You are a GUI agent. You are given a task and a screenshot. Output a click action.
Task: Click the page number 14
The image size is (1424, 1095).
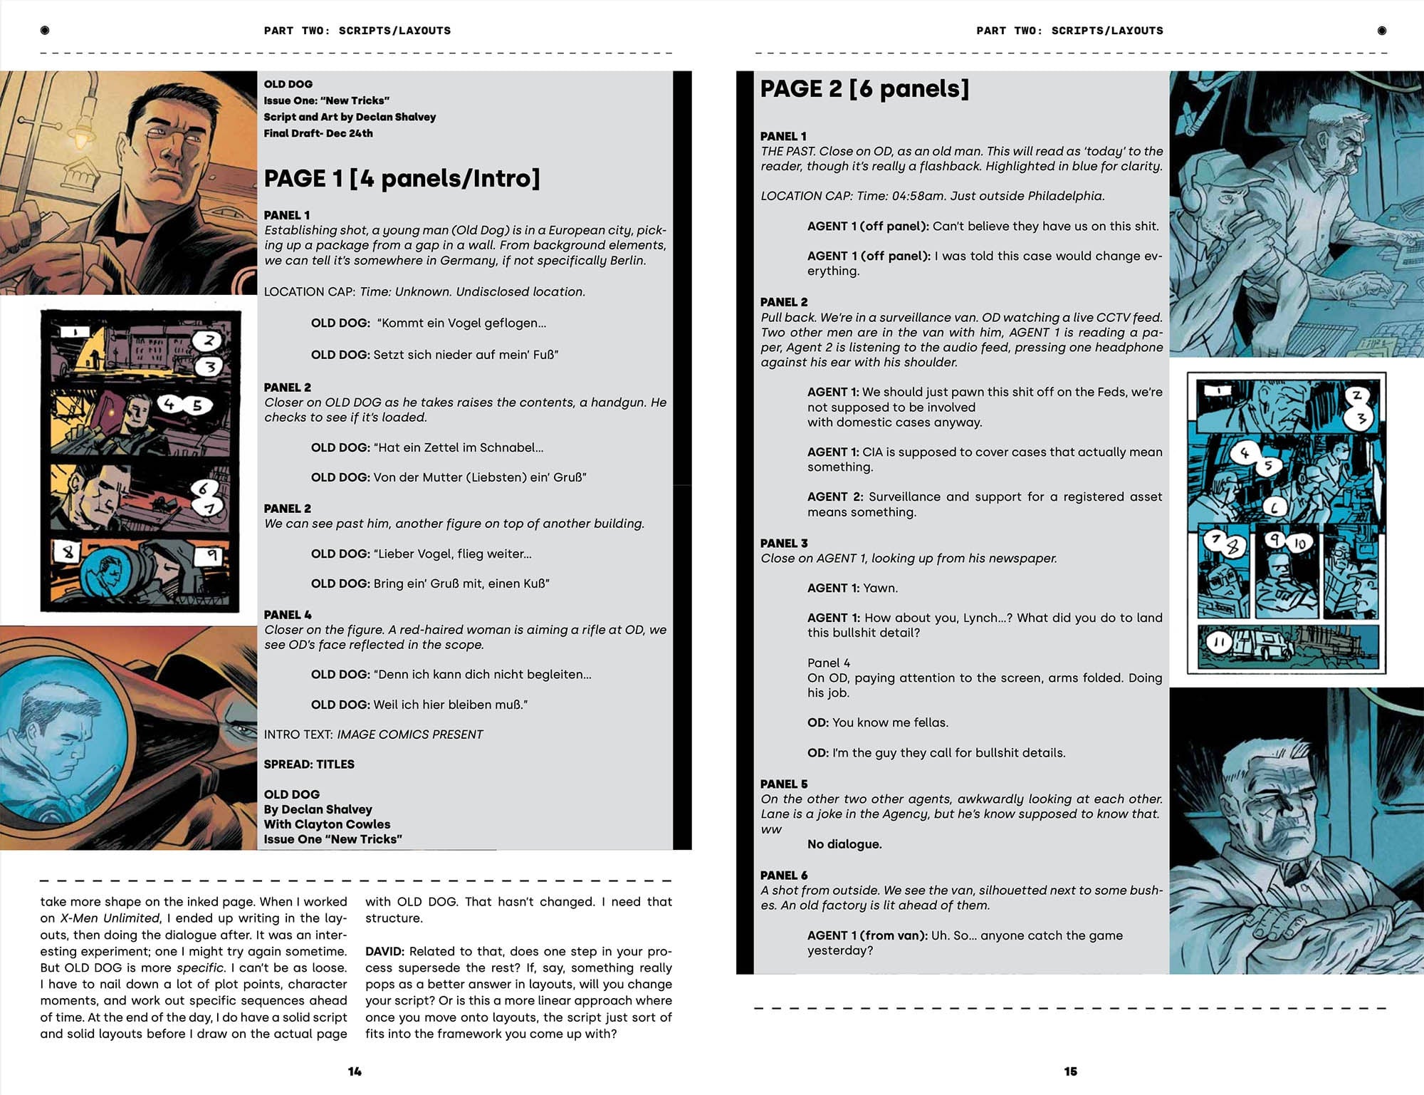tap(355, 1071)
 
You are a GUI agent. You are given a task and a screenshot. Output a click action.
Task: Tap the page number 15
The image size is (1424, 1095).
tap(1070, 1071)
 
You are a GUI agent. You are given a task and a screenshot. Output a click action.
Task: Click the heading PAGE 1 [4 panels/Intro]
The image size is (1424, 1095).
tap(402, 178)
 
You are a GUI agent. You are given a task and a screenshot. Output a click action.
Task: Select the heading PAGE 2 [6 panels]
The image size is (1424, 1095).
tap(864, 89)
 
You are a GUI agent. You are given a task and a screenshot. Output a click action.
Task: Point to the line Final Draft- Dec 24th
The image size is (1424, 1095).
tap(318, 133)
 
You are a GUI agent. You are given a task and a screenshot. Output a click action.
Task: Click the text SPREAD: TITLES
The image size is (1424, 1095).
tap(308, 764)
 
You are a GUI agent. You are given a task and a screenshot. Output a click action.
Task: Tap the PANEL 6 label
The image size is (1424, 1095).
tap(783, 875)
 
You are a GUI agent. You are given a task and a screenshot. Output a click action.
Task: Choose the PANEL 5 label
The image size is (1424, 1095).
tap(783, 784)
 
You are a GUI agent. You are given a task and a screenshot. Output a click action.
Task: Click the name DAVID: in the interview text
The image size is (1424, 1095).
tap(384, 951)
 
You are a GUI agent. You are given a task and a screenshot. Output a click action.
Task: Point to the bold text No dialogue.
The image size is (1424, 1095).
tap(844, 844)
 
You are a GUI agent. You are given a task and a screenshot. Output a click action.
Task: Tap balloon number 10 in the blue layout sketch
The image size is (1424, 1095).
tap(1299, 544)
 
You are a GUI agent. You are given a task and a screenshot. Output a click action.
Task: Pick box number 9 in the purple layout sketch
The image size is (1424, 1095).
tap(211, 555)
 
